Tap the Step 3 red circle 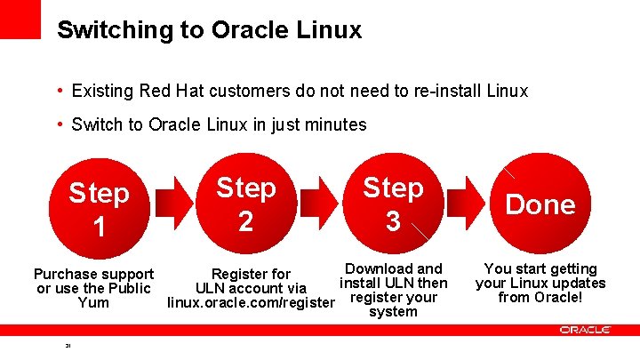pyautogui.click(x=393, y=205)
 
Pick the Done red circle pyautogui.click(x=540, y=205)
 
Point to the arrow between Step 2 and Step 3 pyautogui.click(x=319, y=205)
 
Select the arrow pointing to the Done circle pyautogui.click(x=467, y=205)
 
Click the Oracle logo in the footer pyautogui.click(x=585, y=330)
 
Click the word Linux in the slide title pyautogui.click(x=330, y=30)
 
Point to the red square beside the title pyautogui.click(x=20, y=19)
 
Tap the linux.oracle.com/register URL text pyautogui.click(x=252, y=303)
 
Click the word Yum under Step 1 pyautogui.click(x=93, y=303)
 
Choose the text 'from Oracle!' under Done pyautogui.click(x=540, y=298)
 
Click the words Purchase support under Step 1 pyautogui.click(x=93, y=274)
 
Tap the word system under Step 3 pyautogui.click(x=393, y=312)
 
